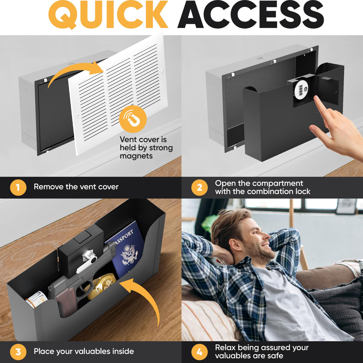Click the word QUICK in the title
click(108, 15)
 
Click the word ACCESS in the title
click(252, 15)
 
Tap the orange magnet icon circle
click(133, 119)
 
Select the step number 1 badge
click(18, 187)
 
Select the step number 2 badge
click(199, 187)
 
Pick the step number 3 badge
click(18, 352)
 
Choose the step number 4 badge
click(199, 352)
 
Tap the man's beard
click(263, 253)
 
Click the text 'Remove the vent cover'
click(76, 187)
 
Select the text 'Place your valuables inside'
click(84, 351)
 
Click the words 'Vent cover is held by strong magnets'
click(146, 148)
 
